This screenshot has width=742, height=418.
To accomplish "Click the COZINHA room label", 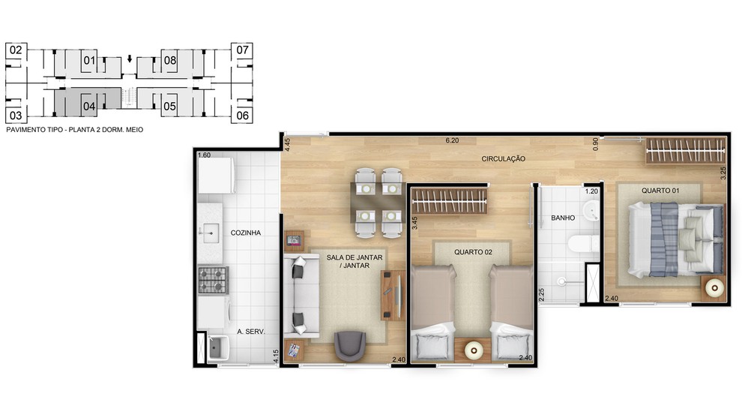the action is pyautogui.click(x=246, y=233).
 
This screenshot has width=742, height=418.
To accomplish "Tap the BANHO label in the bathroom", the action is pyautogui.click(x=563, y=218).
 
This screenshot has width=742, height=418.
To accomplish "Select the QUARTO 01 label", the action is pyautogui.click(x=660, y=191).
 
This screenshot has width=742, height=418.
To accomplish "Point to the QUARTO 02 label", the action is pyautogui.click(x=473, y=252).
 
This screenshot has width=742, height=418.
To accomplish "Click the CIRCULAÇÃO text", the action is pyautogui.click(x=504, y=159).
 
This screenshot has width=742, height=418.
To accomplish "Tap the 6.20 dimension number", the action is pyautogui.click(x=452, y=140).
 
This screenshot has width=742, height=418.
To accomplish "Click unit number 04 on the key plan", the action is pyautogui.click(x=89, y=107).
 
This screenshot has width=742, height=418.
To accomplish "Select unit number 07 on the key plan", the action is pyautogui.click(x=243, y=50).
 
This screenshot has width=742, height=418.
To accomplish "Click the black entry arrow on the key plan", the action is pyautogui.click(x=130, y=59).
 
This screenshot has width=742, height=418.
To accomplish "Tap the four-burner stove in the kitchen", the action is pyautogui.click(x=213, y=280).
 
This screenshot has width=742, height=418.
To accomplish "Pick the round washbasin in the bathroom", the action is pyautogui.click(x=591, y=210).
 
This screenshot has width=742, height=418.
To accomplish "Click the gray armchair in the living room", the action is pyautogui.click(x=350, y=345).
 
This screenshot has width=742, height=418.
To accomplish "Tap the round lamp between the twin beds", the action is pyautogui.click(x=473, y=350).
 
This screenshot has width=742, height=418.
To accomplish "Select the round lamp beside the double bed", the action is pyautogui.click(x=714, y=287).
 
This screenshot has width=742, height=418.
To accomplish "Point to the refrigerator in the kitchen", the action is pyautogui.click(x=217, y=176).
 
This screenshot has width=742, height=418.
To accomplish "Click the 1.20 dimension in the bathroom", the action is pyautogui.click(x=591, y=191).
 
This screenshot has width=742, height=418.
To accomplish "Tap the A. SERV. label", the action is pyautogui.click(x=251, y=332).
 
